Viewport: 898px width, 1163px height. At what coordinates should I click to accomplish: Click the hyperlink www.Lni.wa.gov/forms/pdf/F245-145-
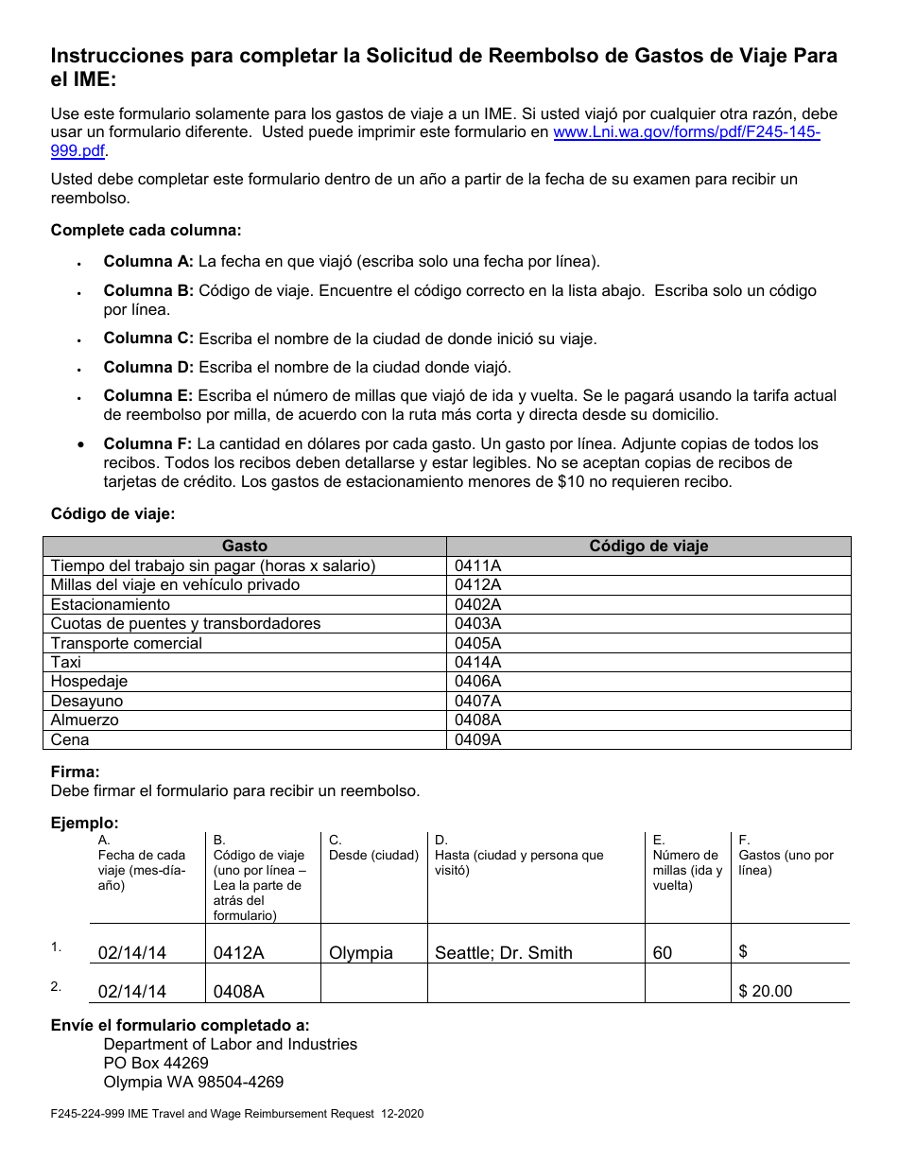(686, 133)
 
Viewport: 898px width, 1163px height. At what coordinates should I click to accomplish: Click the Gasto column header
(245, 547)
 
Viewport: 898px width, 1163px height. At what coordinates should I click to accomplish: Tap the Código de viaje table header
(648, 547)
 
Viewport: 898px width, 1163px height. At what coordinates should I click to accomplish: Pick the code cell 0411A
(478, 566)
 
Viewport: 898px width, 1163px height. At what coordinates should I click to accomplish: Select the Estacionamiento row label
(111, 605)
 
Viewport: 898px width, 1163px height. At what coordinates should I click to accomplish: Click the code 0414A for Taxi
(478, 663)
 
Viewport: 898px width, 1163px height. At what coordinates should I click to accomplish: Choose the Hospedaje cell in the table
(89, 682)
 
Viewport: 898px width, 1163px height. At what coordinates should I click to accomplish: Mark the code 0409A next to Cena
(478, 740)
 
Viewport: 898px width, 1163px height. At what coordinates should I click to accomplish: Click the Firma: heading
(75, 772)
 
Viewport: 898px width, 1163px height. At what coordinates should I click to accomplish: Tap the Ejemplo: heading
(84, 824)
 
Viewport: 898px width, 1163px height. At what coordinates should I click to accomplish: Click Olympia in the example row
(361, 953)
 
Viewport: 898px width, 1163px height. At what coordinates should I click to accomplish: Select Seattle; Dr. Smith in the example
(503, 953)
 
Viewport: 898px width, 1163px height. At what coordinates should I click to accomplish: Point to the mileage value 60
(663, 953)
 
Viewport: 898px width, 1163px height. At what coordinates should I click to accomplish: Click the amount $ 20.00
(766, 992)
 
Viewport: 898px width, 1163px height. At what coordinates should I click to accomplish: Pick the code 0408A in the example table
(238, 992)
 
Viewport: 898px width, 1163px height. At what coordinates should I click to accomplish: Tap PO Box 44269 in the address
(156, 1064)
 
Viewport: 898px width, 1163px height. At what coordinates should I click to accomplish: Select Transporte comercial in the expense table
(127, 644)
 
